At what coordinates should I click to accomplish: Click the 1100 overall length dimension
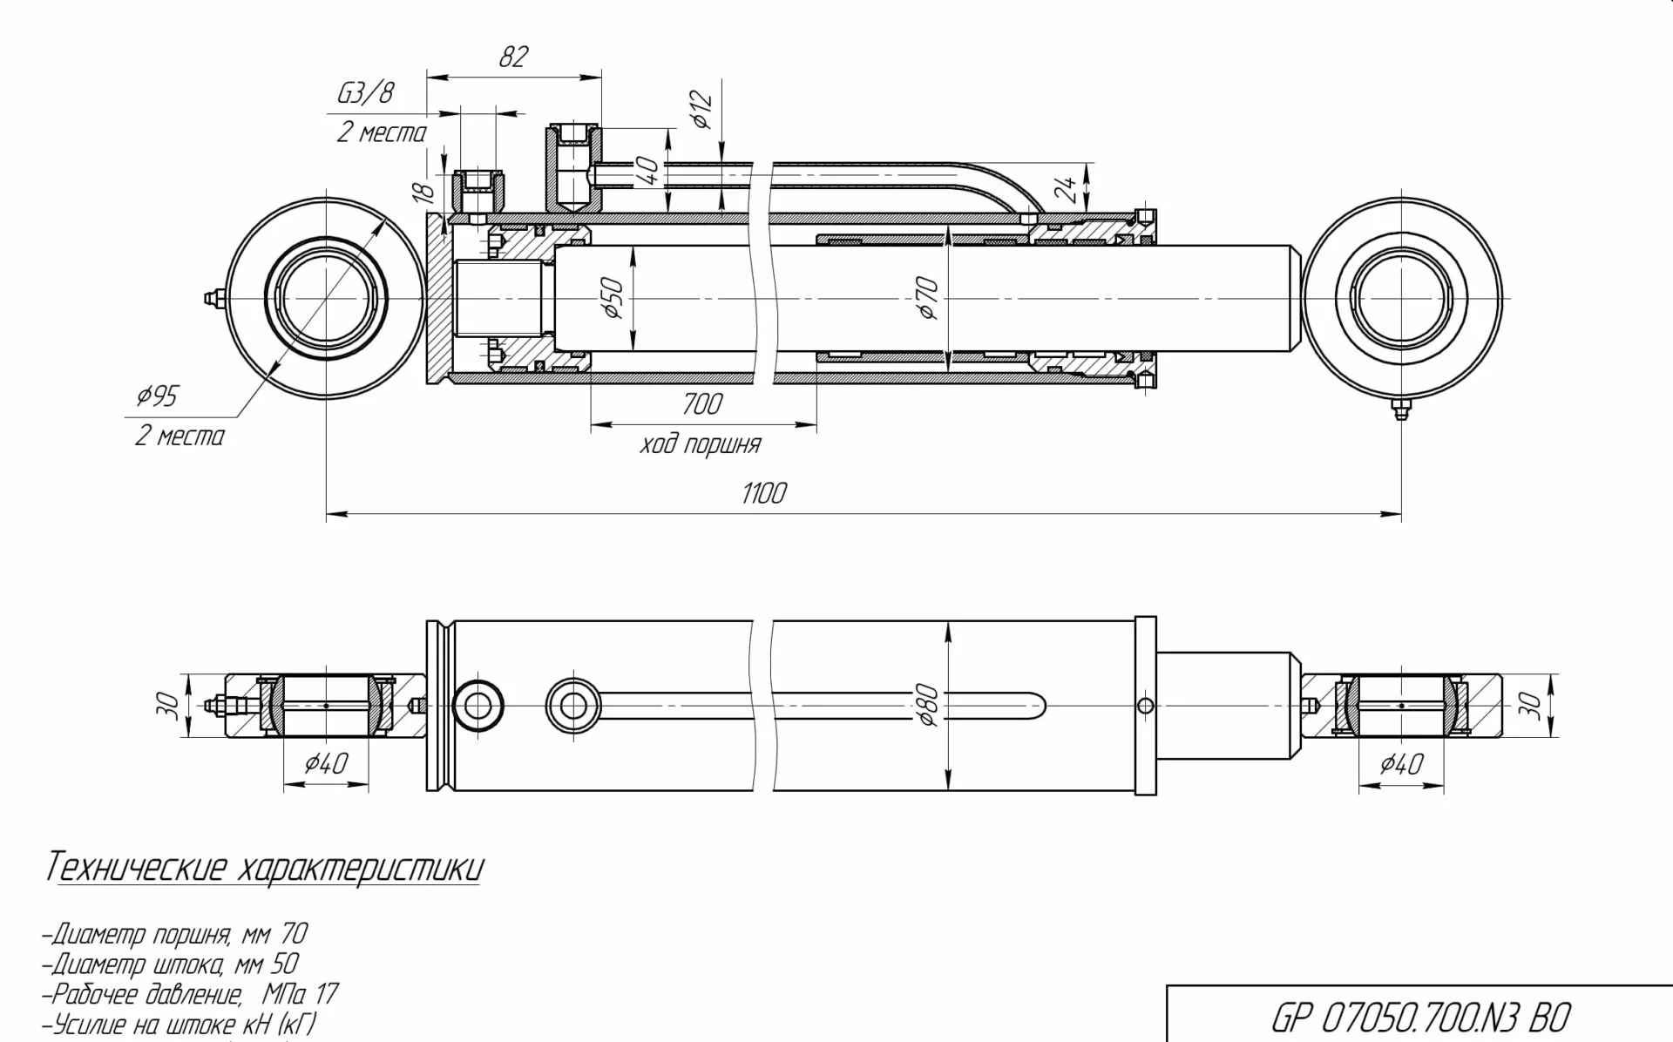[763, 494]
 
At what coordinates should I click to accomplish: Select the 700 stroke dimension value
[702, 404]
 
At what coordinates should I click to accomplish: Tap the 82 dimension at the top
[513, 58]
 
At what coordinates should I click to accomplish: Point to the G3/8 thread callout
[365, 93]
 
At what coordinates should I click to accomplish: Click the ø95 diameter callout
[157, 396]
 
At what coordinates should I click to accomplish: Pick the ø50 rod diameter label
[613, 298]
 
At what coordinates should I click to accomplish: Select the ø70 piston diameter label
[929, 298]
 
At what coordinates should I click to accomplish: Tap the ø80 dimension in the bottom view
[929, 705]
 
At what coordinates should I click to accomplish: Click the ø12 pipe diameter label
[702, 110]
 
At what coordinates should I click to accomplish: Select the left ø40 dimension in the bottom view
[326, 764]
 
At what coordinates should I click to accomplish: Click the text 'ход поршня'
[700, 445]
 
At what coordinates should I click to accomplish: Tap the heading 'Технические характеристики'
[263, 868]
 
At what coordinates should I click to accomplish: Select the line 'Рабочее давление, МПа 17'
[190, 994]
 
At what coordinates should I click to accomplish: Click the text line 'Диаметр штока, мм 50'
[170, 964]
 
